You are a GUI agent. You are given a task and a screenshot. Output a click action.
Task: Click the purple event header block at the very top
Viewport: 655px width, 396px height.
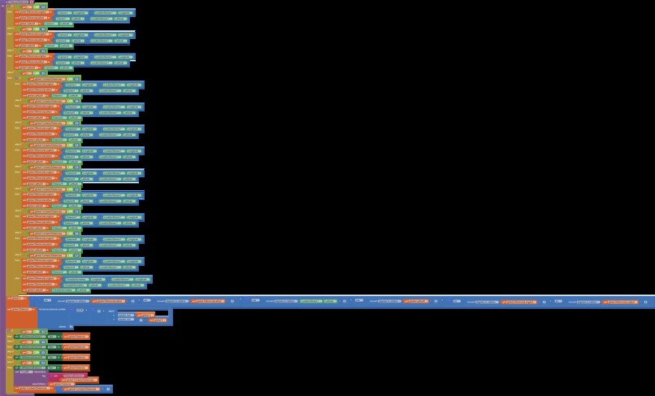[16, 2]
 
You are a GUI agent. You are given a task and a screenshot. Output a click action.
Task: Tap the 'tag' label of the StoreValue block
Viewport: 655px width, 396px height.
[44, 376]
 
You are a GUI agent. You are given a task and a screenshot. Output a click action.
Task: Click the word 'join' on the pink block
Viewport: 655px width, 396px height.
[55, 376]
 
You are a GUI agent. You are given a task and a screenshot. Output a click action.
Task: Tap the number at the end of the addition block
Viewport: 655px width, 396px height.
[108, 389]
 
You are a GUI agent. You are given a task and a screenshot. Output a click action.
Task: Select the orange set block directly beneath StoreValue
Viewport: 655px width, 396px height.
[24, 389]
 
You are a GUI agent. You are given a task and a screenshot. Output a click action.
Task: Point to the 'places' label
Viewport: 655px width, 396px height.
[62, 326]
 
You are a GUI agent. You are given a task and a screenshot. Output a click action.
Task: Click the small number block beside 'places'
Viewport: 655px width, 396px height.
[72, 326]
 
